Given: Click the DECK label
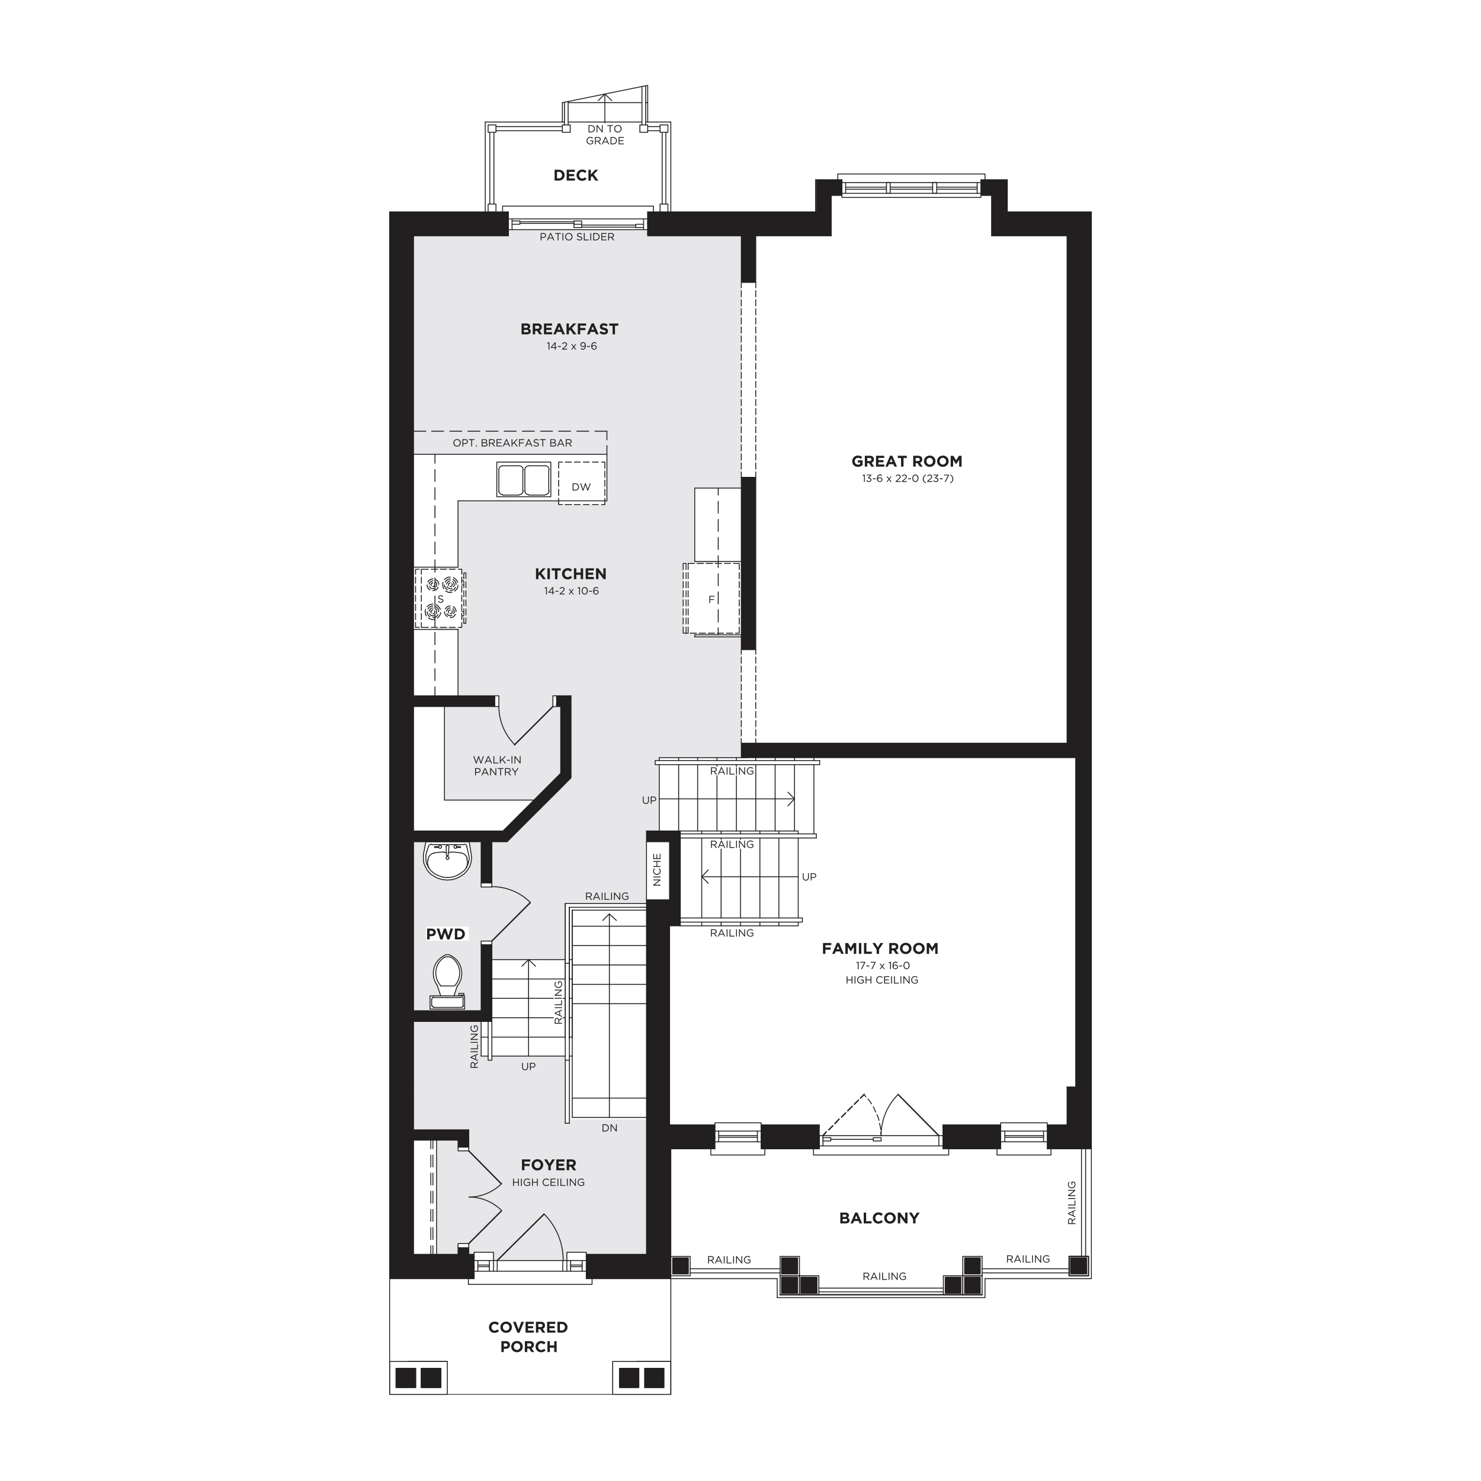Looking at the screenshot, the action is pyautogui.click(x=576, y=175).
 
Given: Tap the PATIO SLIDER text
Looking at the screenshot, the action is pyautogui.click(x=577, y=237).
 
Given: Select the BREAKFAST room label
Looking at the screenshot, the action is pyautogui.click(x=569, y=329).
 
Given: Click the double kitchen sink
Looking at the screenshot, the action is pyautogui.click(x=524, y=480).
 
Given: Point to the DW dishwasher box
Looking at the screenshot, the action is pyautogui.click(x=582, y=483).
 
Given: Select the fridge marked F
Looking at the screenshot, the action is pyautogui.click(x=712, y=599).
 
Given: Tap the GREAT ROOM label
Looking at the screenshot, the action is pyautogui.click(x=907, y=461).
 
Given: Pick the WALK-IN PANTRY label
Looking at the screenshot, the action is pyautogui.click(x=497, y=766).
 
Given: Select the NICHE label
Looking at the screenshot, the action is pyautogui.click(x=657, y=870).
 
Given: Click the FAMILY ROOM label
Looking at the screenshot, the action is pyautogui.click(x=880, y=949).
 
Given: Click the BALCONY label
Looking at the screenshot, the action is pyautogui.click(x=879, y=1218).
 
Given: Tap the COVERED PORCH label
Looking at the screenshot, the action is pyautogui.click(x=528, y=1337).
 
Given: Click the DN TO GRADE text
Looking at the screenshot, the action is pyautogui.click(x=605, y=135).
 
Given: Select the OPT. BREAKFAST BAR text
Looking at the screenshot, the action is pyautogui.click(x=512, y=443).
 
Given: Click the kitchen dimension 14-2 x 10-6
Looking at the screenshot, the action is pyautogui.click(x=571, y=591).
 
